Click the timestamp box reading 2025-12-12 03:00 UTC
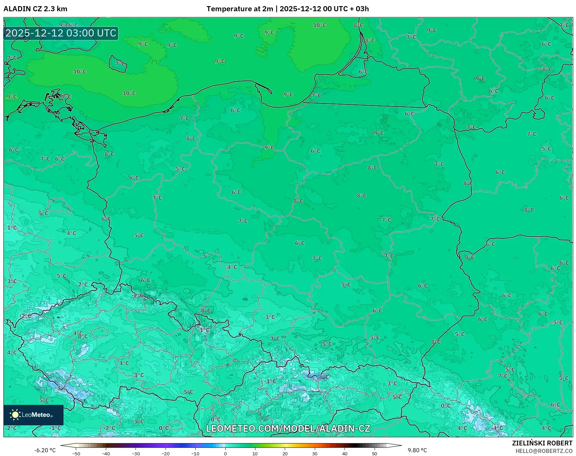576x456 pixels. pyautogui.click(x=61, y=33)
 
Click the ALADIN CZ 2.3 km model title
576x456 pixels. pyautogui.click(x=35, y=9)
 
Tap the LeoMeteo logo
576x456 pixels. pyautogui.click(x=33, y=415)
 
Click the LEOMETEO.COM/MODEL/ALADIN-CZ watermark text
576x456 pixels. pyautogui.click(x=288, y=428)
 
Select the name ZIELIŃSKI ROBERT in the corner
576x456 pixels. pyautogui.click(x=542, y=443)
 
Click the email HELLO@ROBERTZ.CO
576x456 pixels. pyautogui.click(x=544, y=451)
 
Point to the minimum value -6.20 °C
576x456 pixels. pyautogui.click(x=45, y=450)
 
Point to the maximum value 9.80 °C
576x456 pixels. pyautogui.click(x=417, y=450)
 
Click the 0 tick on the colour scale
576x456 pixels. pyautogui.click(x=225, y=453)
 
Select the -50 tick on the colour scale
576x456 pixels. pyautogui.click(x=76, y=453)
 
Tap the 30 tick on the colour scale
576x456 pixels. pyautogui.click(x=314, y=453)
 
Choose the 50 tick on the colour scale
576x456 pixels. pyautogui.click(x=374, y=453)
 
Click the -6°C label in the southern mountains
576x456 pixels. pyautogui.click(x=322, y=377)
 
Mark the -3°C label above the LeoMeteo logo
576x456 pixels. pyautogui.click(x=61, y=388)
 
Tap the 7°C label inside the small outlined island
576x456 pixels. pyautogui.click(x=120, y=63)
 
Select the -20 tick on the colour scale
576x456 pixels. pyautogui.click(x=166, y=453)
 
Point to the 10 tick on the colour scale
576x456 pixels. pyautogui.click(x=255, y=453)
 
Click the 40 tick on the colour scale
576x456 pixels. pyautogui.click(x=345, y=453)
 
